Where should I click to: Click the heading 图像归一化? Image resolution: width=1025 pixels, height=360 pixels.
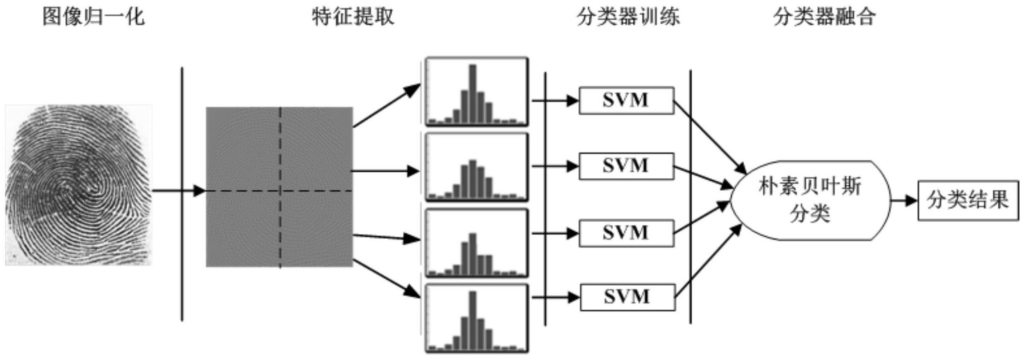93,17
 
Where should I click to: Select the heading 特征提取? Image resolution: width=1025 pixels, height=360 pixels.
353,17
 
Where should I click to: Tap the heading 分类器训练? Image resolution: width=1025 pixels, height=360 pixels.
628,17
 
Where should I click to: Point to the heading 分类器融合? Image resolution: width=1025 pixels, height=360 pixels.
825,17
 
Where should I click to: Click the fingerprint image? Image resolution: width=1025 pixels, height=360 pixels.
78,185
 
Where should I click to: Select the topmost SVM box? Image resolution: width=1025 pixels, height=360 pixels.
626,100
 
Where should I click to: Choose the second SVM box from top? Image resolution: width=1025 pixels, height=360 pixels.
626,166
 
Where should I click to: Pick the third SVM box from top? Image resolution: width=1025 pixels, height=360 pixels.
626,233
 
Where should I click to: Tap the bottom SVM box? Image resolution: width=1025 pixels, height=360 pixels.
627,297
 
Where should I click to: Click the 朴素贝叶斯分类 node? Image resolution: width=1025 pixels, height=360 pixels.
810,200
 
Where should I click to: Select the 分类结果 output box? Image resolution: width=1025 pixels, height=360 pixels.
967,200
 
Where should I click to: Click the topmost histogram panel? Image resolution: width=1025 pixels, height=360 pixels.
477,91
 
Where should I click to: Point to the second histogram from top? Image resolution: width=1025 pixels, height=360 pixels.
477,167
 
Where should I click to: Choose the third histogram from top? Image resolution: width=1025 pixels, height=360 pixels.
477,243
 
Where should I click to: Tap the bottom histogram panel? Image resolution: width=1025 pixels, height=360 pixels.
477,318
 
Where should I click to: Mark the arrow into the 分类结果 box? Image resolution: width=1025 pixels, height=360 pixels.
904,201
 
